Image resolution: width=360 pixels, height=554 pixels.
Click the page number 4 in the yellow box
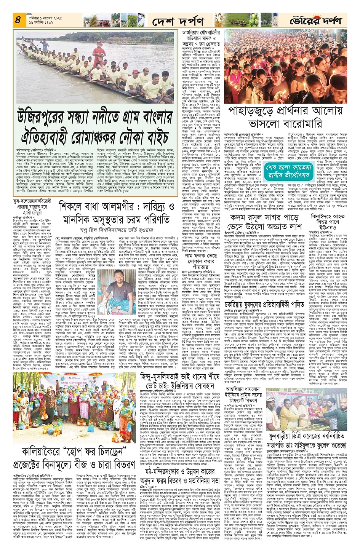(x=18, y=20)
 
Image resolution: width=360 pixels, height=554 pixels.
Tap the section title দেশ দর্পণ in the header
(x=178, y=22)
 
